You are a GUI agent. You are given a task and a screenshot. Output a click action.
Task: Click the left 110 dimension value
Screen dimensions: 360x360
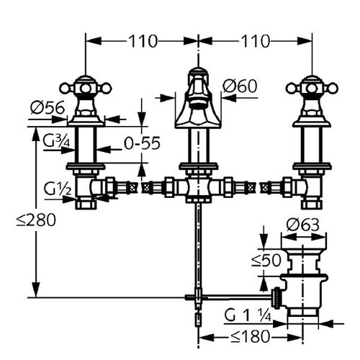pyautogui.click(x=143, y=41)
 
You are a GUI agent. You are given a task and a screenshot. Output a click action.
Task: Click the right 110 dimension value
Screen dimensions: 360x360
pyautogui.click(x=255, y=41)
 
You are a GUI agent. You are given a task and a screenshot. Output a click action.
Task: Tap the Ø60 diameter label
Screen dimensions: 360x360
pyautogui.click(x=240, y=86)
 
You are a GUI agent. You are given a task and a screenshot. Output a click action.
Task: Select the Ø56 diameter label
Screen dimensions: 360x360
pyautogui.click(x=48, y=107)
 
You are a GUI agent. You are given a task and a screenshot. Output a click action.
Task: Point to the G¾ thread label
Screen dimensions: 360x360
pyautogui.click(x=56, y=141)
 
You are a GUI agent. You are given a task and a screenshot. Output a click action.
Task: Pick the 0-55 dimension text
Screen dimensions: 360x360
pyautogui.click(x=142, y=143)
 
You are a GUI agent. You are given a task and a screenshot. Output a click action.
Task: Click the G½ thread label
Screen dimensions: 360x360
pyautogui.click(x=58, y=189)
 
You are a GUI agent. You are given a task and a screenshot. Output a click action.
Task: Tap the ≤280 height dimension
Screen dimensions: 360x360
pyautogui.click(x=36, y=220)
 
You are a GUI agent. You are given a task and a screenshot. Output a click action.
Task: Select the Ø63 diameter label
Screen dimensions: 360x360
pyautogui.click(x=303, y=225)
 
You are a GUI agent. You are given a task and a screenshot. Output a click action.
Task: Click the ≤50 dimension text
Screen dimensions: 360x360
pyautogui.click(x=266, y=261)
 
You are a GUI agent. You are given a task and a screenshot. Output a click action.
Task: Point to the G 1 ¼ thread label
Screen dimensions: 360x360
pyautogui.click(x=248, y=316)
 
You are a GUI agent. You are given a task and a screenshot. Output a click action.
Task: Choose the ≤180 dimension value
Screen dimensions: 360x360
pyautogui.click(x=250, y=336)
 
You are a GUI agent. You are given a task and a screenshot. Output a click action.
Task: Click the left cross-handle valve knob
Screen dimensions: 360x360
pyautogui.click(x=86, y=89)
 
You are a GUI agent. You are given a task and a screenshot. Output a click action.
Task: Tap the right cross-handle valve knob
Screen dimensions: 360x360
pyautogui.click(x=312, y=89)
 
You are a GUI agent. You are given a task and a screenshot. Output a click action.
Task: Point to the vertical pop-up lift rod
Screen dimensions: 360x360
pyautogui.click(x=198, y=250)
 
